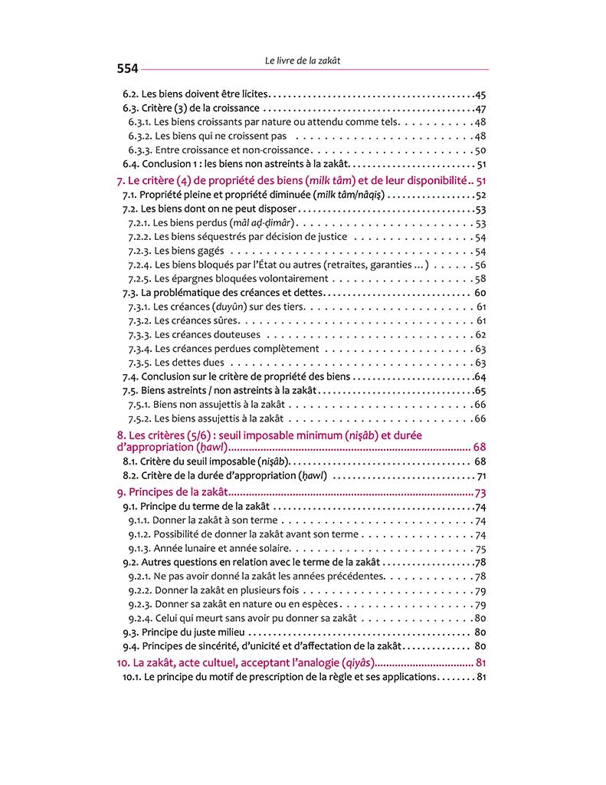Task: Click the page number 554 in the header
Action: (127, 69)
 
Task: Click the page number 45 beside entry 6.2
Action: (480, 94)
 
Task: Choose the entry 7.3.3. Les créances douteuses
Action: (207, 335)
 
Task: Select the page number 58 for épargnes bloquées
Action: (480, 279)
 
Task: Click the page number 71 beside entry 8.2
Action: (481, 476)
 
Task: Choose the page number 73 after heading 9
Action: (480, 493)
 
